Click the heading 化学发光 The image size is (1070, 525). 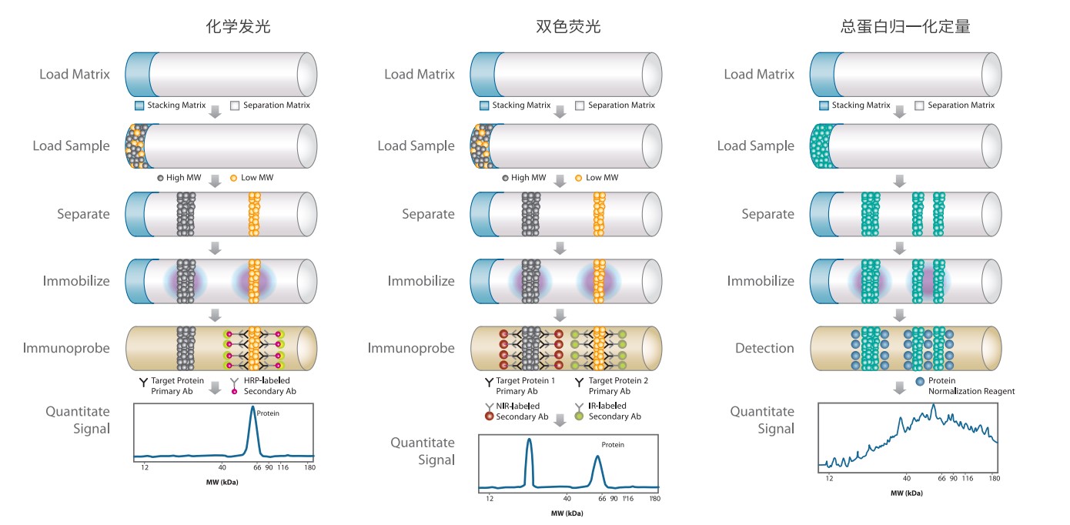(238, 27)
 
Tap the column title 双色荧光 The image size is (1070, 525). (567, 27)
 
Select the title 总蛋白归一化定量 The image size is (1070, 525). (905, 27)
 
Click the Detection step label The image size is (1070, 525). (764, 348)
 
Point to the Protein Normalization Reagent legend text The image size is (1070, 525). (971, 386)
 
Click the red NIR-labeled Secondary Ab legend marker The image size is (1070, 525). (489, 416)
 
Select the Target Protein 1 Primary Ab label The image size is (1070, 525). (526, 386)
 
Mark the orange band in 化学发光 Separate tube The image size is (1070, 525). (255, 213)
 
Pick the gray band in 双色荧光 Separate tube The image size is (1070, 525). (530, 213)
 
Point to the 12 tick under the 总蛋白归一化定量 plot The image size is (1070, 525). (829, 478)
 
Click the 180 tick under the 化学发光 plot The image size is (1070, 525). (309, 467)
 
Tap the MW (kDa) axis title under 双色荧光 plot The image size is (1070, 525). (567, 513)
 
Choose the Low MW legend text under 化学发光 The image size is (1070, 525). (257, 178)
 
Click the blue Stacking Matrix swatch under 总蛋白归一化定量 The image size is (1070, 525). (824, 105)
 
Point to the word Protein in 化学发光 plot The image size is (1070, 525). (268, 413)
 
